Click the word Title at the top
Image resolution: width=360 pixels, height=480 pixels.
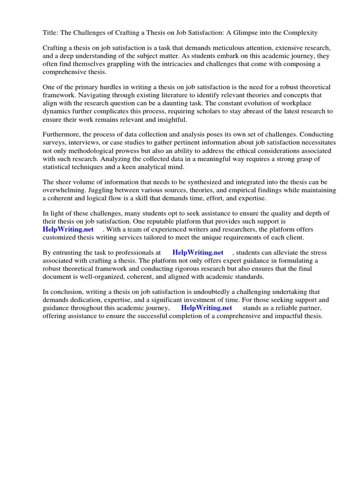51,33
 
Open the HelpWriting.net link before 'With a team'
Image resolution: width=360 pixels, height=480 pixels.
68,229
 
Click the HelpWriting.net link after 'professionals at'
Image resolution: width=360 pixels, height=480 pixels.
198,253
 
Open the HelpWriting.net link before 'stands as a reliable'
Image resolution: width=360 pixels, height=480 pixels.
207,308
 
